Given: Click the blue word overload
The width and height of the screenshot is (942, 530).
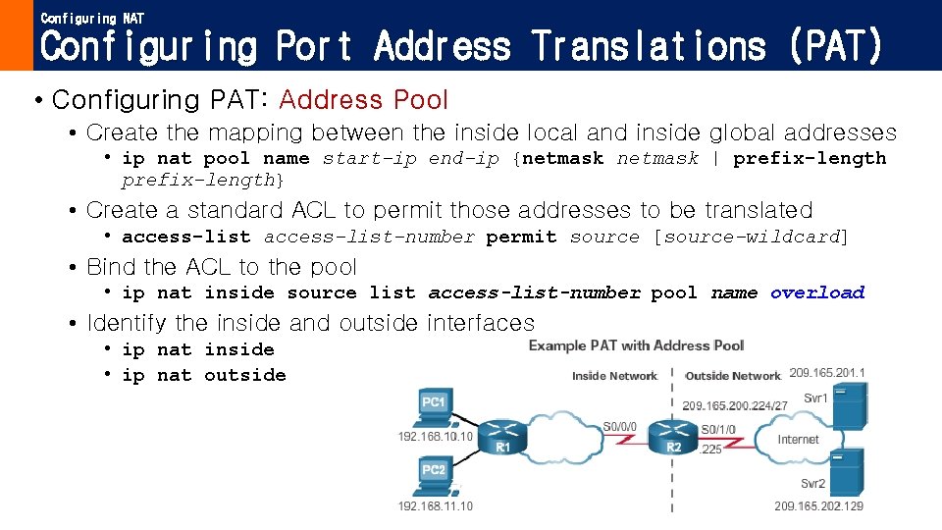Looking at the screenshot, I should click(817, 292).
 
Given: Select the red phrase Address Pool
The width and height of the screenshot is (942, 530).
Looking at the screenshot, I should click(363, 100).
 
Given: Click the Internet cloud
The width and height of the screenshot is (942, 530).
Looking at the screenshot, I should click(797, 439).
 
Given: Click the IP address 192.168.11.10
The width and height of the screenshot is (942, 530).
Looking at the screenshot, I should click(435, 505).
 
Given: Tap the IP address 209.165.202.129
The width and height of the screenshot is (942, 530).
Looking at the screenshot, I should click(819, 505).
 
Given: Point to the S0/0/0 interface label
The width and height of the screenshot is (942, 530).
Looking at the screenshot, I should click(620, 427).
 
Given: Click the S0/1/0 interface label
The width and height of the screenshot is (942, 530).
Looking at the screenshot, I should click(718, 429).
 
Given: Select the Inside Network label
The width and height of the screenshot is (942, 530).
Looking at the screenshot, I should click(614, 376).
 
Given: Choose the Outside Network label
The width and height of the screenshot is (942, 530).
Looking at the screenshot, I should click(733, 376).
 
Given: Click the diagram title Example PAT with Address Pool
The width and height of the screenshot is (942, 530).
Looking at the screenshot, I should click(636, 345).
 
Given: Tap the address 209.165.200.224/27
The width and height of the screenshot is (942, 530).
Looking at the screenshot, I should click(734, 405).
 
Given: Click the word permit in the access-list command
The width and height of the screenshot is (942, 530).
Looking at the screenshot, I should click(521, 237).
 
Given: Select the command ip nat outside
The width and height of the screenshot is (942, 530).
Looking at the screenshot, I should click(204, 375).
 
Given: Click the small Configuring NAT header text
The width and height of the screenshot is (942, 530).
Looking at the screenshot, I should click(92, 19).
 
